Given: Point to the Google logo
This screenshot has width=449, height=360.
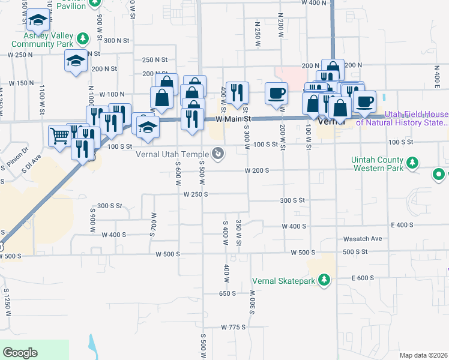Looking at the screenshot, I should click(x=20, y=353).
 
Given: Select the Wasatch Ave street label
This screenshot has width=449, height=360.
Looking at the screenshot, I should click(x=363, y=239).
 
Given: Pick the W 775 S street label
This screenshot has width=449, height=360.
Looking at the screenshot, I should click(x=234, y=327).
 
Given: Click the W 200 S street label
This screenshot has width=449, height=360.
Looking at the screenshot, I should click(x=256, y=170).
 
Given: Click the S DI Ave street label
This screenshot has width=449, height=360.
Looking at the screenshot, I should click(x=31, y=163).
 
